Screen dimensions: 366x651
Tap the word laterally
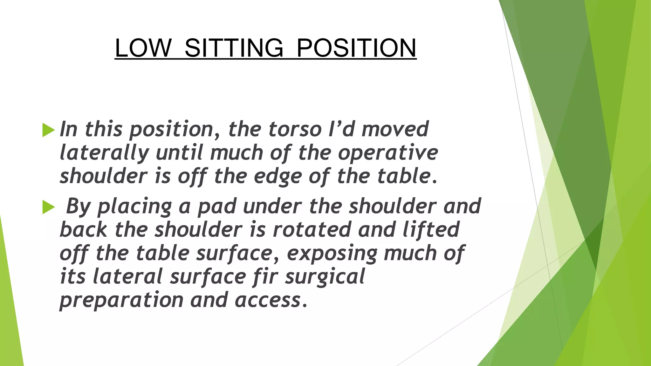(104, 153)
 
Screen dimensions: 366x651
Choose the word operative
(388, 153)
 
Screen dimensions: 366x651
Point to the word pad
(217, 207)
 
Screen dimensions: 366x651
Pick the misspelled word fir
(266, 276)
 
